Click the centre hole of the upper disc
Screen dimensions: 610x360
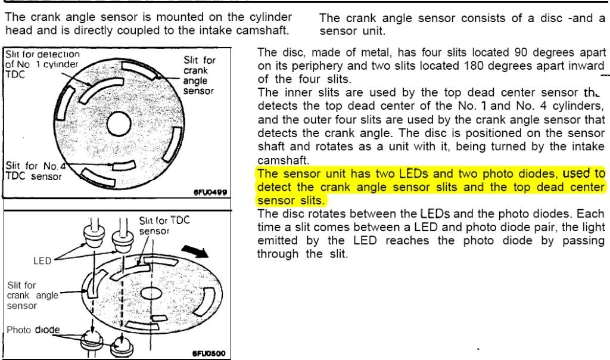(x=119, y=125)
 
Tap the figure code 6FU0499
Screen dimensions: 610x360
(x=210, y=193)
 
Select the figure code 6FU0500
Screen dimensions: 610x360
(x=209, y=354)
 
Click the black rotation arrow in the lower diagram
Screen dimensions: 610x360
(x=195, y=252)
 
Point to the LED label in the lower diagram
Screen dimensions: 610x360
(x=42, y=260)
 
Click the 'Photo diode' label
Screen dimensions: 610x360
(x=33, y=330)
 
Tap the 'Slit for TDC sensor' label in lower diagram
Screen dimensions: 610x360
(x=164, y=225)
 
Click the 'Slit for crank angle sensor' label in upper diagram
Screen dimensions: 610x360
(x=199, y=76)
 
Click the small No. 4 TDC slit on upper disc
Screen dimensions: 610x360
(x=124, y=166)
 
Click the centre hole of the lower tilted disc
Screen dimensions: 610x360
(x=151, y=293)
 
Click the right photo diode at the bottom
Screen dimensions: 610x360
(x=122, y=346)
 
